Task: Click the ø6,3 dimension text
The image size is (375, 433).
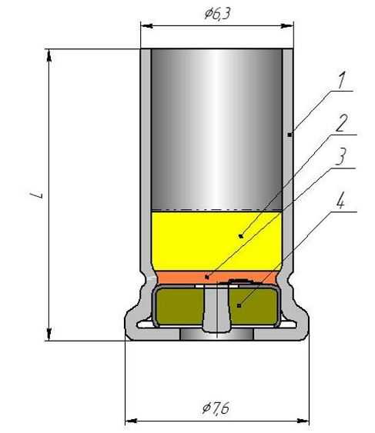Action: [x=217, y=13]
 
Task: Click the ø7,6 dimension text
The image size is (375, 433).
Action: [x=216, y=408]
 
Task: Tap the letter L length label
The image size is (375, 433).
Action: [x=36, y=195]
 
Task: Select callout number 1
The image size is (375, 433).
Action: [x=342, y=80]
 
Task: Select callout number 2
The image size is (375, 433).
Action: [x=342, y=123]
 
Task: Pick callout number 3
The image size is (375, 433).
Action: [x=340, y=157]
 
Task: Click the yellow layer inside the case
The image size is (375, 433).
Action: [x=217, y=241]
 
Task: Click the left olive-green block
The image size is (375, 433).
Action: [x=179, y=306]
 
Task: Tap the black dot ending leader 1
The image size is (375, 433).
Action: [x=290, y=135]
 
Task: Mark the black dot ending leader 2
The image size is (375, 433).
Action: [x=241, y=236]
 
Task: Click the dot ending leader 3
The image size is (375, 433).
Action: [x=207, y=277]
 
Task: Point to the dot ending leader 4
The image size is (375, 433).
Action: [x=239, y=305]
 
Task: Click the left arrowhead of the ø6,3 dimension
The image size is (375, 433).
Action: [x=146, y=26]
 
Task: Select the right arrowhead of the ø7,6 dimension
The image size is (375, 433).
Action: [x=303, y=421]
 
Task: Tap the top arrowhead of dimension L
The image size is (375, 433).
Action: [x=49, y=55]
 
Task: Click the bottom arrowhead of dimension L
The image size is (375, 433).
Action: [x=49, y=334]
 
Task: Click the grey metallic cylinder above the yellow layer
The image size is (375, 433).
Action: [x=217, y=129]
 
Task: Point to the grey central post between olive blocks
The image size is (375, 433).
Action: [x=217, y=308]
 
